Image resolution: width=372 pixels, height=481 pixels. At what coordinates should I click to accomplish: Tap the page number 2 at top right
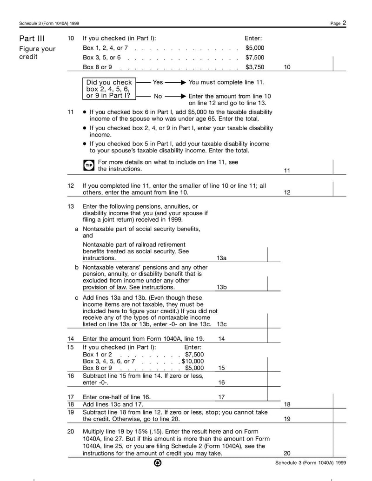point(345,23)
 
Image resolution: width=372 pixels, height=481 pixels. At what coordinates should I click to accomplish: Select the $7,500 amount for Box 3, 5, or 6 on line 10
point(254,58)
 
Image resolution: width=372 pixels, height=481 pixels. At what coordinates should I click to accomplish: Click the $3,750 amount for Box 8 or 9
point(254,67)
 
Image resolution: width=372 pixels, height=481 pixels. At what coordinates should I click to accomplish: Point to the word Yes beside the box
point(158,82)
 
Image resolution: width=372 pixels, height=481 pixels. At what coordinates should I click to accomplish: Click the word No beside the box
point(158,96)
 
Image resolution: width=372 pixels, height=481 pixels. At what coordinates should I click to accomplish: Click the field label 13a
point(221,258)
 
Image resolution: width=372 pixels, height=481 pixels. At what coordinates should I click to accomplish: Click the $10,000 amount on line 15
point(193,361)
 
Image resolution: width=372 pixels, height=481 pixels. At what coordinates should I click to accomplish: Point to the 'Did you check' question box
point(108,89)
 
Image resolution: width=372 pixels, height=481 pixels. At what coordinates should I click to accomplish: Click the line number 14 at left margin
point(71,339)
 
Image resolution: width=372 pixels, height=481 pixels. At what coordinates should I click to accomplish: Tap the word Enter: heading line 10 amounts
point(253,39)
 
